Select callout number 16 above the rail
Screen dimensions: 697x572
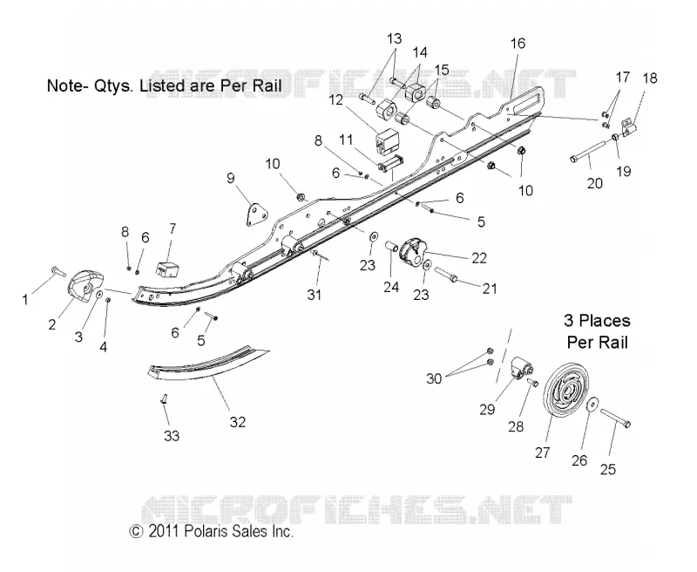coord(518,43)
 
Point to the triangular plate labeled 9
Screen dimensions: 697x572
coord(256,214)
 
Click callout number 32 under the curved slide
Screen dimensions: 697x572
coord(237,421)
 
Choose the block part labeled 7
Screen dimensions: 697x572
coord(167,269)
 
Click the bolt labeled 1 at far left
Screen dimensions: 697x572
coord(58,270)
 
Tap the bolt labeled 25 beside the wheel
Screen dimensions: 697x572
coord(616,419)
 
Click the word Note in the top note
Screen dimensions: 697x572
coord(63,85)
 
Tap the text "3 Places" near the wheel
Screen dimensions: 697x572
coord(597,321)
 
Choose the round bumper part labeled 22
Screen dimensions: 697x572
coord(413,252)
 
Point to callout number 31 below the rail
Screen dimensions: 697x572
coord(314,294)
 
